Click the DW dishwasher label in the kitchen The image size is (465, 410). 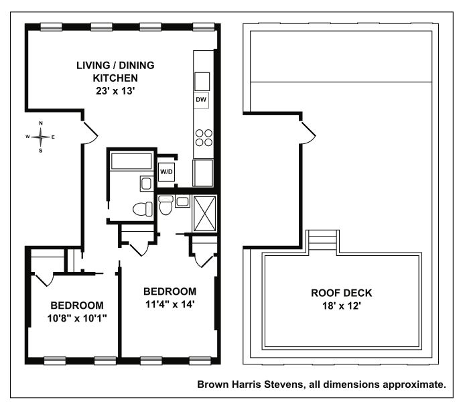pos(201,100)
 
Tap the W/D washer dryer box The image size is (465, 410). pos(166,172)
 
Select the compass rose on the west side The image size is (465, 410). pos(41,137)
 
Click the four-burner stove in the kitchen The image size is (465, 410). pos(204,138)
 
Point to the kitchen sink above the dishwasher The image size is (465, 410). pos(202,81)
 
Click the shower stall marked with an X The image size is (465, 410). pos(204,213)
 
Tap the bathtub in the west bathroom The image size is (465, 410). pos(131,161)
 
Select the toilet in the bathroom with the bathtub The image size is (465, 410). pos(143,209)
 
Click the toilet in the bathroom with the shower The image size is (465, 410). pos(165,205)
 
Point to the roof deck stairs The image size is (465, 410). pos(323,242)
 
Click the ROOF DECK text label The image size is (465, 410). pos(341,293)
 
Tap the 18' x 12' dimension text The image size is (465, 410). pos(341,305)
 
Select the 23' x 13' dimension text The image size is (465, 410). pos(115,90)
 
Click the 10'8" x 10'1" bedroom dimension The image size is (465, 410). pos(77,318)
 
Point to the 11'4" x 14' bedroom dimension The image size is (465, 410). pos(170,304)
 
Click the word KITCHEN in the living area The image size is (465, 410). pos(115,78)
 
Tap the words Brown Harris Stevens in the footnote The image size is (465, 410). pos(251,385)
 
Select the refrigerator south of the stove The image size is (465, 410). pos(203,173)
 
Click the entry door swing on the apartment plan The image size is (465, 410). pos(90,133)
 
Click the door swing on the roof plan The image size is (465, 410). pos(308,133)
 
